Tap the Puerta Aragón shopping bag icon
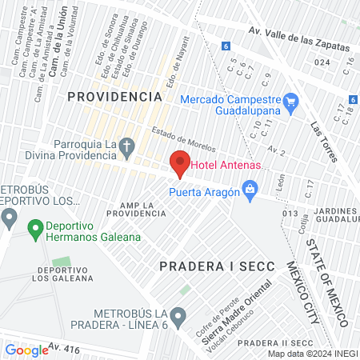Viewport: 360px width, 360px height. (x=250, y=190)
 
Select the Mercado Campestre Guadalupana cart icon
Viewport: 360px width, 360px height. (x=290, y=101)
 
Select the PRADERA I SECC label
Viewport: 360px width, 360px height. (x=217, y=265)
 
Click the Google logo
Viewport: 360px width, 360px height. (x=26, y=350)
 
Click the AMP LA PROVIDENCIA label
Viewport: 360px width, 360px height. (x=137, y=210)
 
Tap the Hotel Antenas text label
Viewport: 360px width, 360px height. (x=228, y=166)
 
